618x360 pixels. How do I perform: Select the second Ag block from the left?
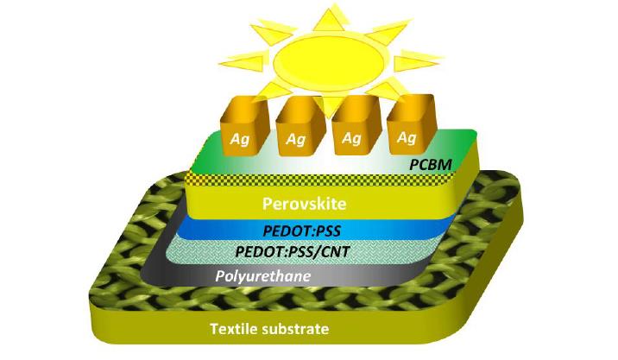[297, 129]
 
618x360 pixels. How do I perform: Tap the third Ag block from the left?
[352, 129]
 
